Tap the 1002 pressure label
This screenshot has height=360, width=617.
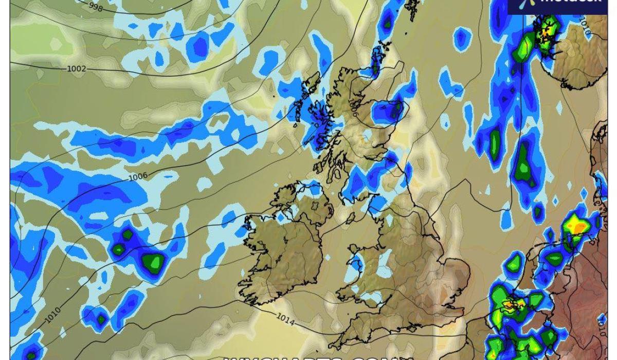click(77, 68)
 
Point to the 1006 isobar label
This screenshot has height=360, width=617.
click(138, 176)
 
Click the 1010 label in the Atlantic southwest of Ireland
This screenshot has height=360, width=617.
click(52, 315)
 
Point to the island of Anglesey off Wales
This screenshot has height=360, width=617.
click(355, 256)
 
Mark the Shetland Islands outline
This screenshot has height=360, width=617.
click(412, 10)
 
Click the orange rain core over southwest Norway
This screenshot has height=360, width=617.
click(544, 32)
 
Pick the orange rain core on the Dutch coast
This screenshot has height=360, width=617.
click(510, 304)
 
